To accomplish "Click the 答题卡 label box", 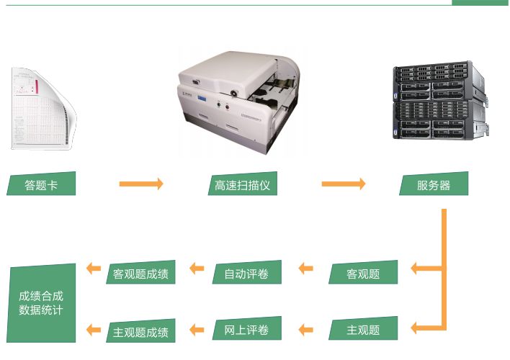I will (x=41, y=184).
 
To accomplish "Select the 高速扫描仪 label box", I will (x=243, y=184).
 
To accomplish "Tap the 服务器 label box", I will (x=434, y=184).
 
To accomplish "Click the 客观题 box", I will (x=363, y=273).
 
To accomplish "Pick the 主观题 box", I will (x=363, y=330).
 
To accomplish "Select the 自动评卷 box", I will (x=246, y=273).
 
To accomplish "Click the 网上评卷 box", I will (x=246, y=330).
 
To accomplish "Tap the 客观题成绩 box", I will (x=141, y=274).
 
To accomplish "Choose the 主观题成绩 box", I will (x=141, y=331).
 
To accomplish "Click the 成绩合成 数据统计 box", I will (x=41, y=303).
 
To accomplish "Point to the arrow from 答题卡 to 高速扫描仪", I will (x=141, y=184).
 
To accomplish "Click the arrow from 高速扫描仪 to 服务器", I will (x=343, y=184).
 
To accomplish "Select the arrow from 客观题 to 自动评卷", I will (x=305, y=269).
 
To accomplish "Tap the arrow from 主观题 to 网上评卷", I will (x=305, y=330).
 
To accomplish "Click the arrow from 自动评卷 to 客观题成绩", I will (x=197, y=269).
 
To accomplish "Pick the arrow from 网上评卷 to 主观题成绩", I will (x=197, y=330).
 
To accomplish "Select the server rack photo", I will (x=439, y=102).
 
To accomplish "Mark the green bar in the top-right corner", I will (x=480, y=3).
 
